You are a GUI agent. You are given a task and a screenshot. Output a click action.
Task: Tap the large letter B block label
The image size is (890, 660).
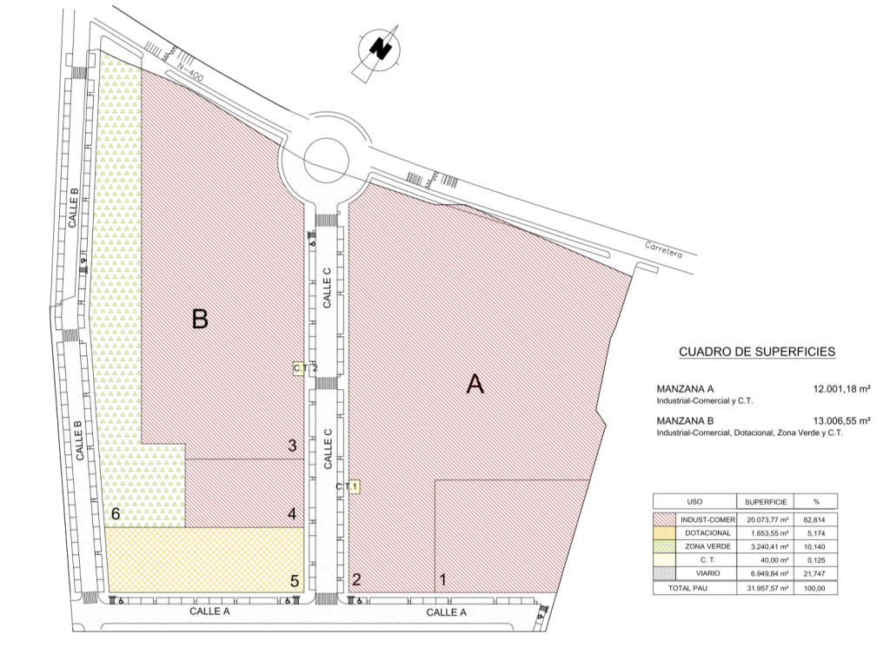point(200,319)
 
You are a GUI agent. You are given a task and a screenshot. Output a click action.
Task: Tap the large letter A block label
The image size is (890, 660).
point(475,385)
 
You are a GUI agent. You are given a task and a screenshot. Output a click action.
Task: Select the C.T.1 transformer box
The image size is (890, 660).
point(353,486)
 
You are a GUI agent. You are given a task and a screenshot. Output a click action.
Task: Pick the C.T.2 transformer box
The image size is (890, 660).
point(299,368)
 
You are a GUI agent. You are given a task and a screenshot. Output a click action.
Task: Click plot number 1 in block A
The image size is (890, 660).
point(443,579)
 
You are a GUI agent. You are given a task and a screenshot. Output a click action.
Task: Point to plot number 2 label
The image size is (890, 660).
point(356,579)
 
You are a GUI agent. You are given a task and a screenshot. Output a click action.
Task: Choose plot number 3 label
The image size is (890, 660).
point(292,445)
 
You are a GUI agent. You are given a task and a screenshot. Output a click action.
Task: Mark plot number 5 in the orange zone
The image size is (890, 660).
point(295,581)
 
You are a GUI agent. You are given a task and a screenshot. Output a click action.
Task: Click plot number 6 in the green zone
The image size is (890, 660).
point(116,514)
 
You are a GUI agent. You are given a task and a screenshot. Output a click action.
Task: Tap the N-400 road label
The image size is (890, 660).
point(189,70)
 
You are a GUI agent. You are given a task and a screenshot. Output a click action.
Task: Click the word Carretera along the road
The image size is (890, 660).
point(663,250)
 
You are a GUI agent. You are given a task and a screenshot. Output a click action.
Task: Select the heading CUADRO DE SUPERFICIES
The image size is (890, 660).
point(757,352)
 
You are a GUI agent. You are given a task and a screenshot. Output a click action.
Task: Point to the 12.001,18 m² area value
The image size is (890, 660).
point(841,389)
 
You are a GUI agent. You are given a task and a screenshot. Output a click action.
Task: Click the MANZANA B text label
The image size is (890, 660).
point(685,420)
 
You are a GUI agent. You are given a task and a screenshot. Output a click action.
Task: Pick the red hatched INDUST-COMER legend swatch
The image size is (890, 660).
point(664,519)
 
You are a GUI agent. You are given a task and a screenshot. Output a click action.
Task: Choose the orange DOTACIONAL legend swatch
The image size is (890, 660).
point(664,533)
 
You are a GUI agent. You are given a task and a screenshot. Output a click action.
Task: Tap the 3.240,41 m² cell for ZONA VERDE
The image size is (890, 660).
point(766,546)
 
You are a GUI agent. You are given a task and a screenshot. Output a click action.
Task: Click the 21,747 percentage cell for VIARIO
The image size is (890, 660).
point(815,574)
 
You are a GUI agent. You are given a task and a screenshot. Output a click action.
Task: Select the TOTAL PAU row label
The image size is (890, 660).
point(687,588)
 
